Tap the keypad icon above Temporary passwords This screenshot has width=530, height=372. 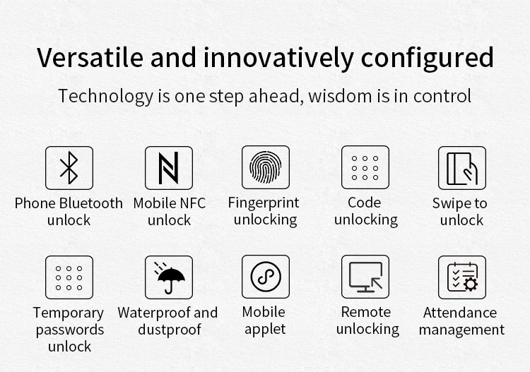click(x=69, y=278)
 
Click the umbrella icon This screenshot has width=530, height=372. click(x=169, y=278)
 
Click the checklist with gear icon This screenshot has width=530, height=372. click(x=461, y=278)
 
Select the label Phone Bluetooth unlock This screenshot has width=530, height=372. click(x=69, y=212)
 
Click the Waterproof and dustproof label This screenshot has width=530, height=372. click(x=168, y=321)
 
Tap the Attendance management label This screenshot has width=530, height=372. click(x=463, y=321)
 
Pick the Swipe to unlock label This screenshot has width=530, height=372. click(x=461, y=212)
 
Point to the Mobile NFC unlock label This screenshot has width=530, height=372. click(x=170, y=212)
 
